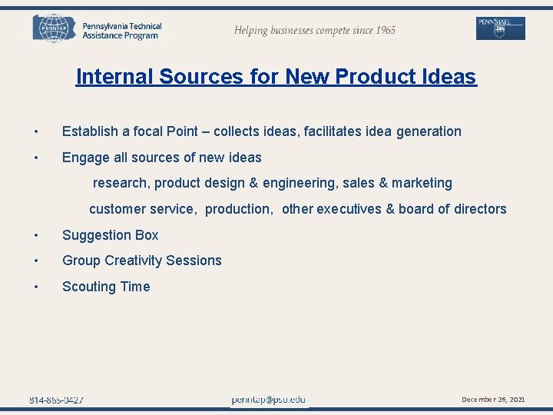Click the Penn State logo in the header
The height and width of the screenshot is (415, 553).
pos(501,28)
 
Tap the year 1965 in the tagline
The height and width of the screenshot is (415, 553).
pos(381,30)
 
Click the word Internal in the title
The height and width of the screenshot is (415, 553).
pos(114,77)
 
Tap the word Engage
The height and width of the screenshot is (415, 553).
pos(84,158)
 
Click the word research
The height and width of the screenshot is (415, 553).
pos(121,183)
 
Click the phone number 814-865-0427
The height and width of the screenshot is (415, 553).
pos(56,400)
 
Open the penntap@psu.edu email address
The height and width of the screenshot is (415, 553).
pos(268,400)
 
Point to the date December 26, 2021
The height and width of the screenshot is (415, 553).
pos(493,400)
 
